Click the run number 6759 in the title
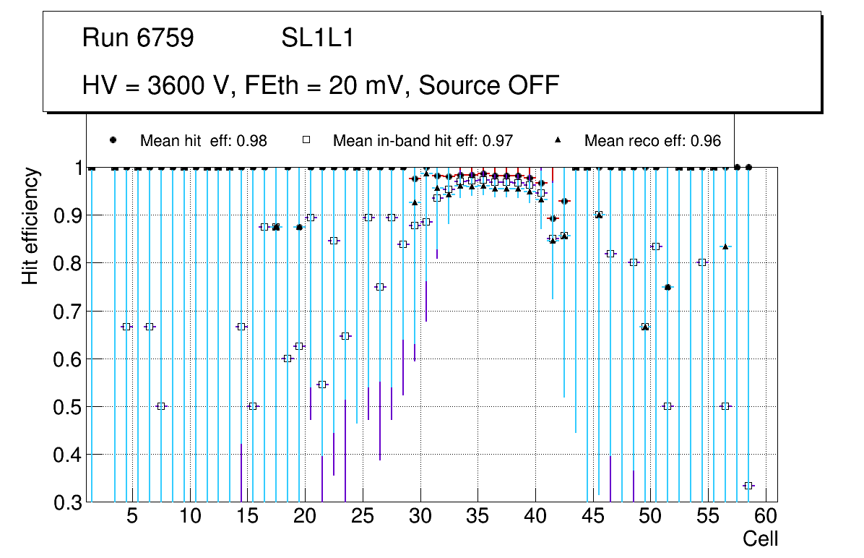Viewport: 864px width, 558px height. click(x=165, y=38)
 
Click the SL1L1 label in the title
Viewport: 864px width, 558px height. click(x=318, y=38)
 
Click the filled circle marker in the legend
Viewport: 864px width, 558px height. click(x=113, y=140)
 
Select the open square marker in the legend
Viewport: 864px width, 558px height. click(x=305, y=140)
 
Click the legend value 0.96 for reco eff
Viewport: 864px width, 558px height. click(x=706, y=141)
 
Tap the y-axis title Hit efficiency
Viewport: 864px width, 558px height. click(x=30, y=226)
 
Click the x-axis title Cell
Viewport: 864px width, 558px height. click(x=761, y=538)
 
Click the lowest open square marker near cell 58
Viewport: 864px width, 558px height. click(x=748, y=486)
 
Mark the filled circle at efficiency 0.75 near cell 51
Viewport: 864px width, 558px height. click(x=668, y=287)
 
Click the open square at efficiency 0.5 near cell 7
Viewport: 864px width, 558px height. click(x=161, y=406)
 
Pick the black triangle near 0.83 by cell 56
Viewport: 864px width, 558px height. click(x=725, y=246)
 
